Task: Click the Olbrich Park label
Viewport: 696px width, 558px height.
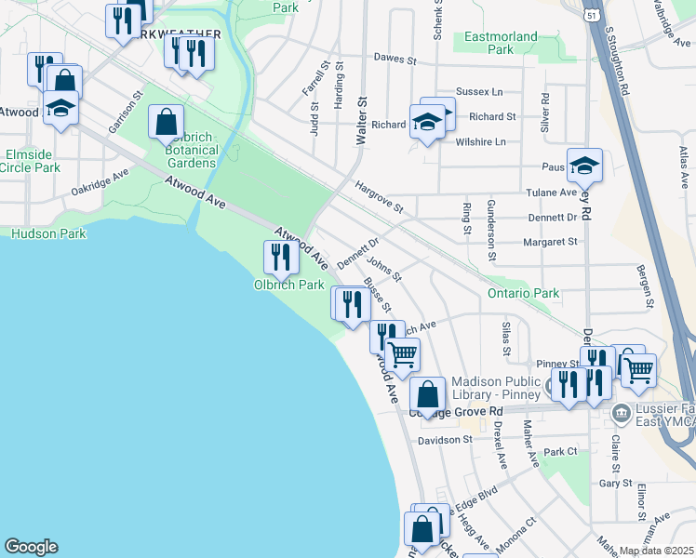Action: pos(289,284)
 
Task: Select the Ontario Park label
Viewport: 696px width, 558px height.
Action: pos(523,293)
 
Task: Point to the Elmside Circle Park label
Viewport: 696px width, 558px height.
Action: pos(33,161)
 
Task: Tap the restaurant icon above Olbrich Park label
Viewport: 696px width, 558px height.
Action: pos(281,257)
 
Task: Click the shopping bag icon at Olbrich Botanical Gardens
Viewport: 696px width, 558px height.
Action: pos(167,122)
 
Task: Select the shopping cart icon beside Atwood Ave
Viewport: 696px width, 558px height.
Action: pos(403,354)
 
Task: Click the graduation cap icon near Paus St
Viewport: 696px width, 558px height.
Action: pos(584,166)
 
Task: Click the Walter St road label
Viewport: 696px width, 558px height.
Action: pos(362,122)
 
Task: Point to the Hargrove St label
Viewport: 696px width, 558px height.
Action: pos(378,195)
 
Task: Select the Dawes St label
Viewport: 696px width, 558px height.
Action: pos(394,58)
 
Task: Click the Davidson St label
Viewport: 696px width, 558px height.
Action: pos(446,440)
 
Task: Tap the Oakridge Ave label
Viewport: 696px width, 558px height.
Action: pos(100,182)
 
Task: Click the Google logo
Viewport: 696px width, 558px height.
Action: pos(31,547)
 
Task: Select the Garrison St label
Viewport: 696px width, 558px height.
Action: pos(126,112)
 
